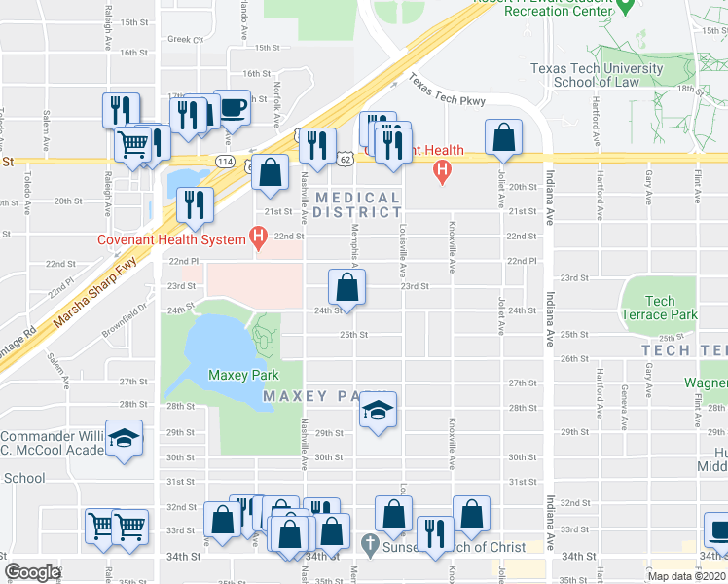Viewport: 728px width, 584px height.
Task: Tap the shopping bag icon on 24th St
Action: point(347,287)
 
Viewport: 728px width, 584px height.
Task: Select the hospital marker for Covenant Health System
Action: point(258,236)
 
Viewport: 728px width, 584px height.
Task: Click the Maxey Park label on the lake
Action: point(243,375)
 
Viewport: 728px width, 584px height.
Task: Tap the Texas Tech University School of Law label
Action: point(597,75)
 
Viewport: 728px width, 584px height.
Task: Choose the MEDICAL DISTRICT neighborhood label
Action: point(357,205)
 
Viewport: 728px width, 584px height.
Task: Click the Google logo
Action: point(32,572)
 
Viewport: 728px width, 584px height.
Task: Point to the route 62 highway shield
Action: point(346,158)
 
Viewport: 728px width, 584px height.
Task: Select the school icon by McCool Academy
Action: point(125,439)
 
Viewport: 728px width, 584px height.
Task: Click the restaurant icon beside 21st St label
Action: point(195,204)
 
